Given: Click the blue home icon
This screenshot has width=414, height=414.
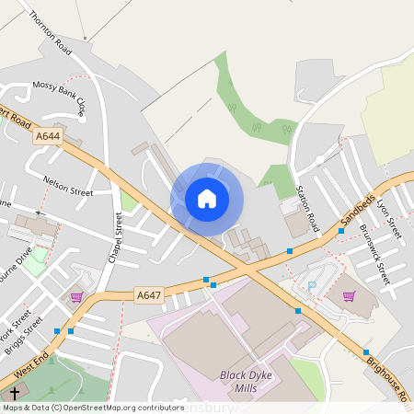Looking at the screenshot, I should (x=207, y=198).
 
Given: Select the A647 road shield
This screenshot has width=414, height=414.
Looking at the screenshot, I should (x=148, y=295).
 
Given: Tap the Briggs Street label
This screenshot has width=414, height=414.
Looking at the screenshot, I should (x=30, y=329).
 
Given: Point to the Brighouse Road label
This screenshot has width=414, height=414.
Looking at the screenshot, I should (x=386, y=378).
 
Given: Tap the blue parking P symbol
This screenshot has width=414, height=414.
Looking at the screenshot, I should (x=311, y=287).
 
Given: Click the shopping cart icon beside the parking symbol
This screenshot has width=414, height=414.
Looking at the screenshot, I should (x=349, y=296).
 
